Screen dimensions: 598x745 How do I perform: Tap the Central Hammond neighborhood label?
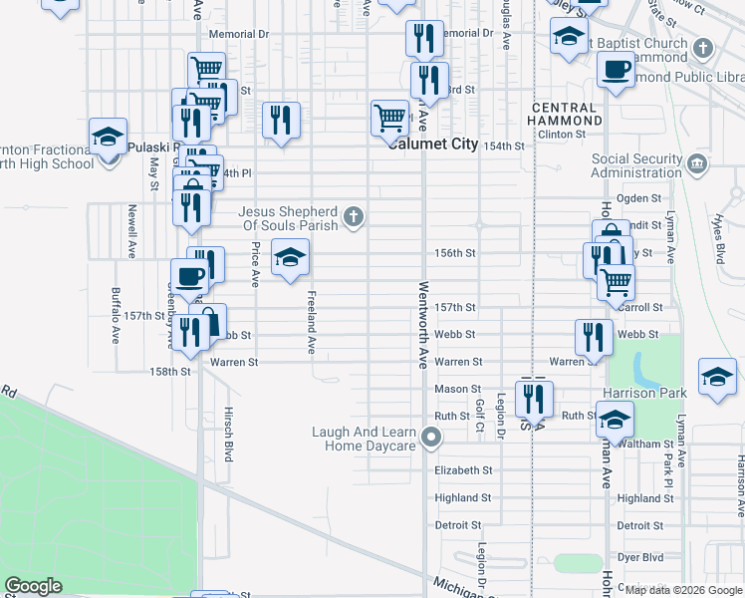(567, 114)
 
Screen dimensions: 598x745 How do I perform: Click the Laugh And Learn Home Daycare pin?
(431, 437)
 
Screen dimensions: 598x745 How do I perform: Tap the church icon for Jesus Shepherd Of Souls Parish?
(353, 216)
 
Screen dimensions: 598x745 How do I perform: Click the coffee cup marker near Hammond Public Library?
(616, 69)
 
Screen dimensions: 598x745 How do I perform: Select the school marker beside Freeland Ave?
(291, 258)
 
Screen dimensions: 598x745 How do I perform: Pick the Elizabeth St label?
(464, 470)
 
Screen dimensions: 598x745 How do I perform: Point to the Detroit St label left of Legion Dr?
(458, 525)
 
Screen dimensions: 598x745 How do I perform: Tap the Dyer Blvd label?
(640, 552)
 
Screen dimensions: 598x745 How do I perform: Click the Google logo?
(33, 586)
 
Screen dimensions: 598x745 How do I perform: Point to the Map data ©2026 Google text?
(682, 590)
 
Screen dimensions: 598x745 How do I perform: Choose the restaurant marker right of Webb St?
(589, 337)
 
